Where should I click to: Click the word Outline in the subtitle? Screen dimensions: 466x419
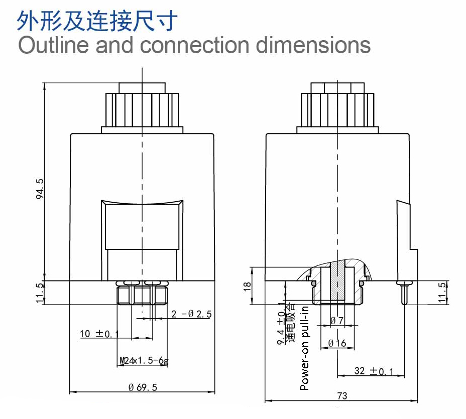(x=54, y=45)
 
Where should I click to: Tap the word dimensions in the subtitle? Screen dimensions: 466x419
(x=313, y=45)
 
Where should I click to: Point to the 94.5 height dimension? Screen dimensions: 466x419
(x=40, y=189)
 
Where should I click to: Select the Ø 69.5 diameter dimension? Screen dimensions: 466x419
(x=143, y=387)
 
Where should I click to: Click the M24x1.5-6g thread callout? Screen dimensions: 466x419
(x=144, y=360)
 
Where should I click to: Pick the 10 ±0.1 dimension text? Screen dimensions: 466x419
(x=99, y=334)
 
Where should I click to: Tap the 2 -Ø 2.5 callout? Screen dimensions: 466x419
(x=191, y=314)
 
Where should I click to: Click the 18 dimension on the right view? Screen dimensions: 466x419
(x=247, y=286)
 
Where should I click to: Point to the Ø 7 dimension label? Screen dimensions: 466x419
(x=337, y=321)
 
